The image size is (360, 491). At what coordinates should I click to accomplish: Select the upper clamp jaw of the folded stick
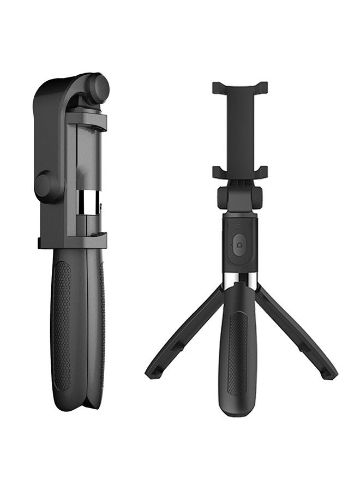click(x=87, y=121)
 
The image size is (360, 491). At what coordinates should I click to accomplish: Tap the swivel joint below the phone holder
click(x=240, y=197)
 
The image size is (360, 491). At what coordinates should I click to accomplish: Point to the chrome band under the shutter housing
click(x=239, y=278)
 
